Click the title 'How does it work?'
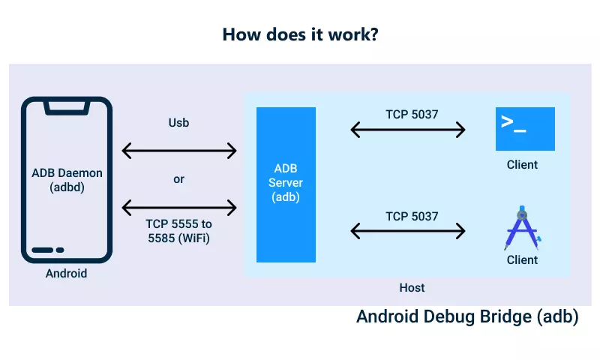pos(300,34)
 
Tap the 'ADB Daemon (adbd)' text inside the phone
pos(67,180)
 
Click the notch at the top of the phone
pos(67,108)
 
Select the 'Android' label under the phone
pos(67,273)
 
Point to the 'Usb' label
pos(178,122)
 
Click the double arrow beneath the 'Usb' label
pos(179,151)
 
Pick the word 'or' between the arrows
pos(178,179)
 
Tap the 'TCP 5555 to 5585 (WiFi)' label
pos(178,230)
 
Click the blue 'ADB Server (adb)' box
pos(286,184)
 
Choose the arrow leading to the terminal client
pos(409,130)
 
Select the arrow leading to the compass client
pos(409,232)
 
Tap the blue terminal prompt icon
pos(525,129)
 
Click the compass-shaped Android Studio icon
pos(522,227)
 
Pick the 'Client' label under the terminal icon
pos(522,164)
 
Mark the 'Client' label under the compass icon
pos(522,259)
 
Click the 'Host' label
pos(412,287)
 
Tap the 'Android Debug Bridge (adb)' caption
pos(467,316)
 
